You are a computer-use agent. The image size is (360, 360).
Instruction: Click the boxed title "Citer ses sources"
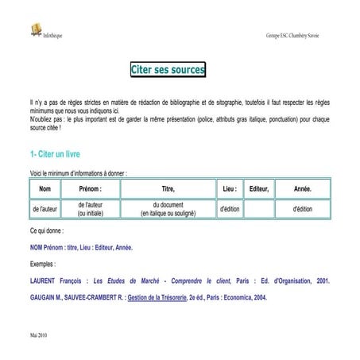pos(168,71)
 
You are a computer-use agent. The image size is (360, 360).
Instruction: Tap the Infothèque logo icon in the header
pos(34,29)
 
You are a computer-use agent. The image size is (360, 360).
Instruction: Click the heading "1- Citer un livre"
pos(54,153)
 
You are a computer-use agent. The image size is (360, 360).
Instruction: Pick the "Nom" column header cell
pos(45,188)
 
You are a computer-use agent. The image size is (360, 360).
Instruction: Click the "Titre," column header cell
pos(168,188)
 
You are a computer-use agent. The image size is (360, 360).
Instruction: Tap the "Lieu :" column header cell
pos(230,188)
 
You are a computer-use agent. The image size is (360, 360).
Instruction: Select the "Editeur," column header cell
pos(259,188)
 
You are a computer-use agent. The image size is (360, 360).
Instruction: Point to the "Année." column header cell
pos(302,188)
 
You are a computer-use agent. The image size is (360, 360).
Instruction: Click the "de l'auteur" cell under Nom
pos(45,209)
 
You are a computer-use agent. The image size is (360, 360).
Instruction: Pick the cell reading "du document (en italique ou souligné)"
pos(168,209)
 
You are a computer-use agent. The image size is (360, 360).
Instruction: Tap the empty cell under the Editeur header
pos(259,209)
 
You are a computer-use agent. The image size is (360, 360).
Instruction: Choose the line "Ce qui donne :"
pos(45,230)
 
